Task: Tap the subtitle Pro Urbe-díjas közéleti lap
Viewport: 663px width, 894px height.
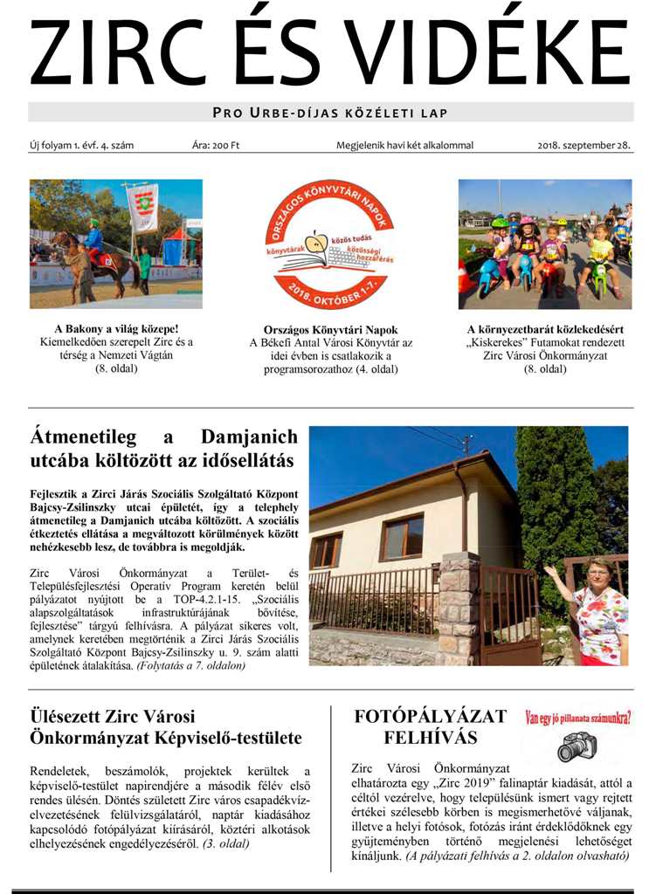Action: (x=330, y=113)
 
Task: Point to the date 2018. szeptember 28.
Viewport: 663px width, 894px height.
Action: (x=584, y=145)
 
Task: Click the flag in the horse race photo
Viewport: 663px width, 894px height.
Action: (x=142, y=207)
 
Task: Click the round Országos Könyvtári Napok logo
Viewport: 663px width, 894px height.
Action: (x=330, y=244)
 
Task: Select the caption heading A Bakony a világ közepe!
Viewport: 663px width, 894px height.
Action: (x=116, y=330)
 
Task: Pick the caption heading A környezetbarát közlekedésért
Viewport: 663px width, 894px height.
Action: (x=545, y=330)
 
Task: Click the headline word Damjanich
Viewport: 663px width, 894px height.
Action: (x=249, y=437)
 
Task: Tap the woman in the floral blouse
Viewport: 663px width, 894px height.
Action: (x=597, y=611)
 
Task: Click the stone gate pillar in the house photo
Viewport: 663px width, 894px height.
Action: (x=459, y=607)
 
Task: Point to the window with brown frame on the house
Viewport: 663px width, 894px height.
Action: (x=401, y=537)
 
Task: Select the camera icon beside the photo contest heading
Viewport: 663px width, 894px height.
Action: (x=577, y=747)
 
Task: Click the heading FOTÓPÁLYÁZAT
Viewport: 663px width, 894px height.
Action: (x=430, y=717)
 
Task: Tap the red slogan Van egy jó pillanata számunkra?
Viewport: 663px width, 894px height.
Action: (x=577, y=719)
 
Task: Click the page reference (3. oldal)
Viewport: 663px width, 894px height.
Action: (x=225, y=843)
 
